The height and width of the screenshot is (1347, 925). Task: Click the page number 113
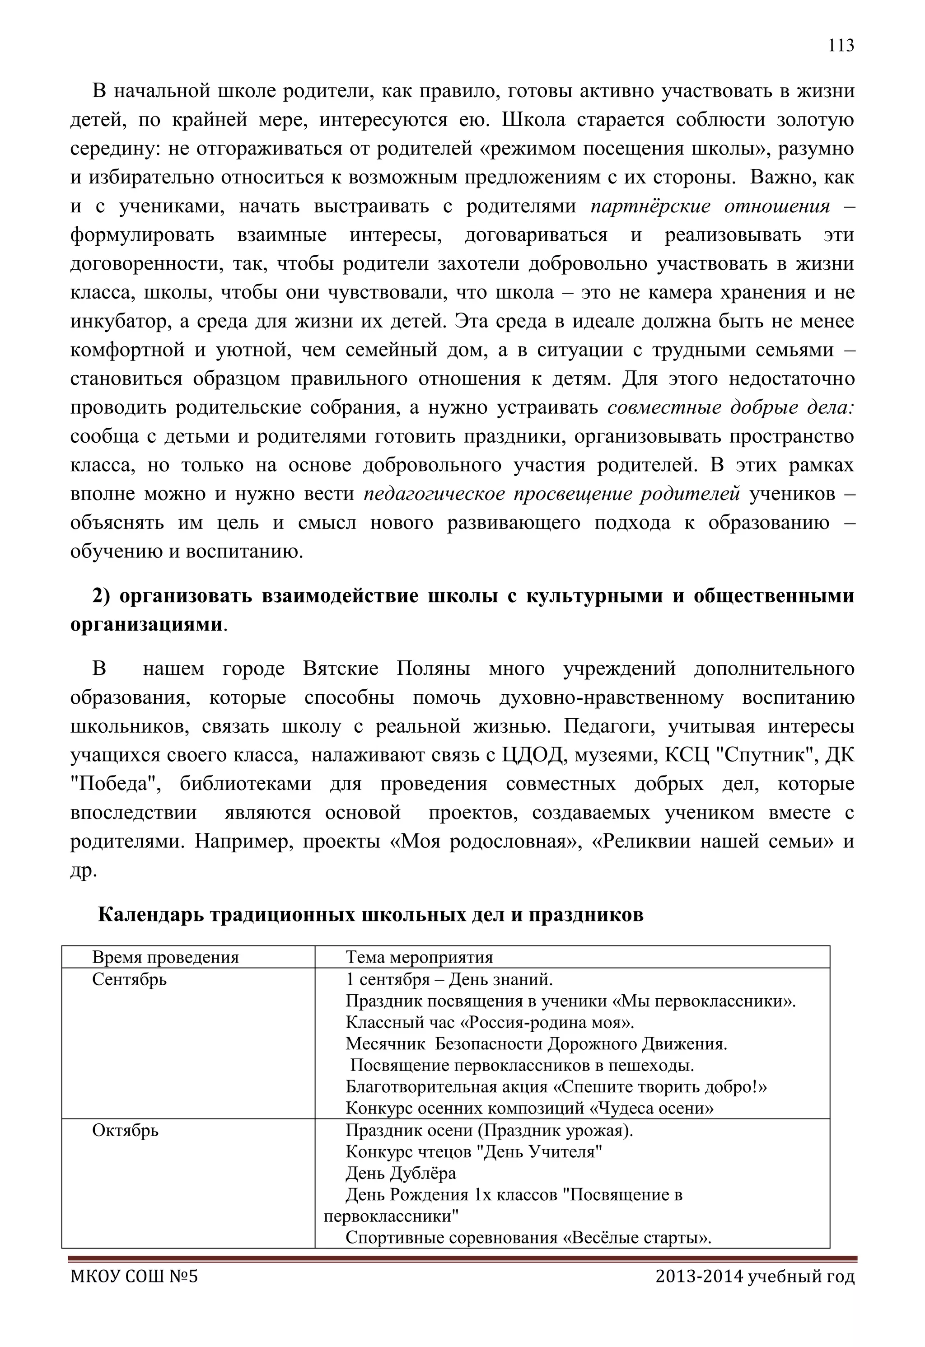(x=841, y=45)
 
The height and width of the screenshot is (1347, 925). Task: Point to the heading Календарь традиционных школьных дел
(x=370, y=914)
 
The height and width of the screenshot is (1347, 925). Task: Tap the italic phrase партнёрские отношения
(x=710, y=206)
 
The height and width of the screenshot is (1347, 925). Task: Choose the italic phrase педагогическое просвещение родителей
(x=552, y=494)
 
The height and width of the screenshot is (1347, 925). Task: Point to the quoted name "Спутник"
(x=757, y=755)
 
